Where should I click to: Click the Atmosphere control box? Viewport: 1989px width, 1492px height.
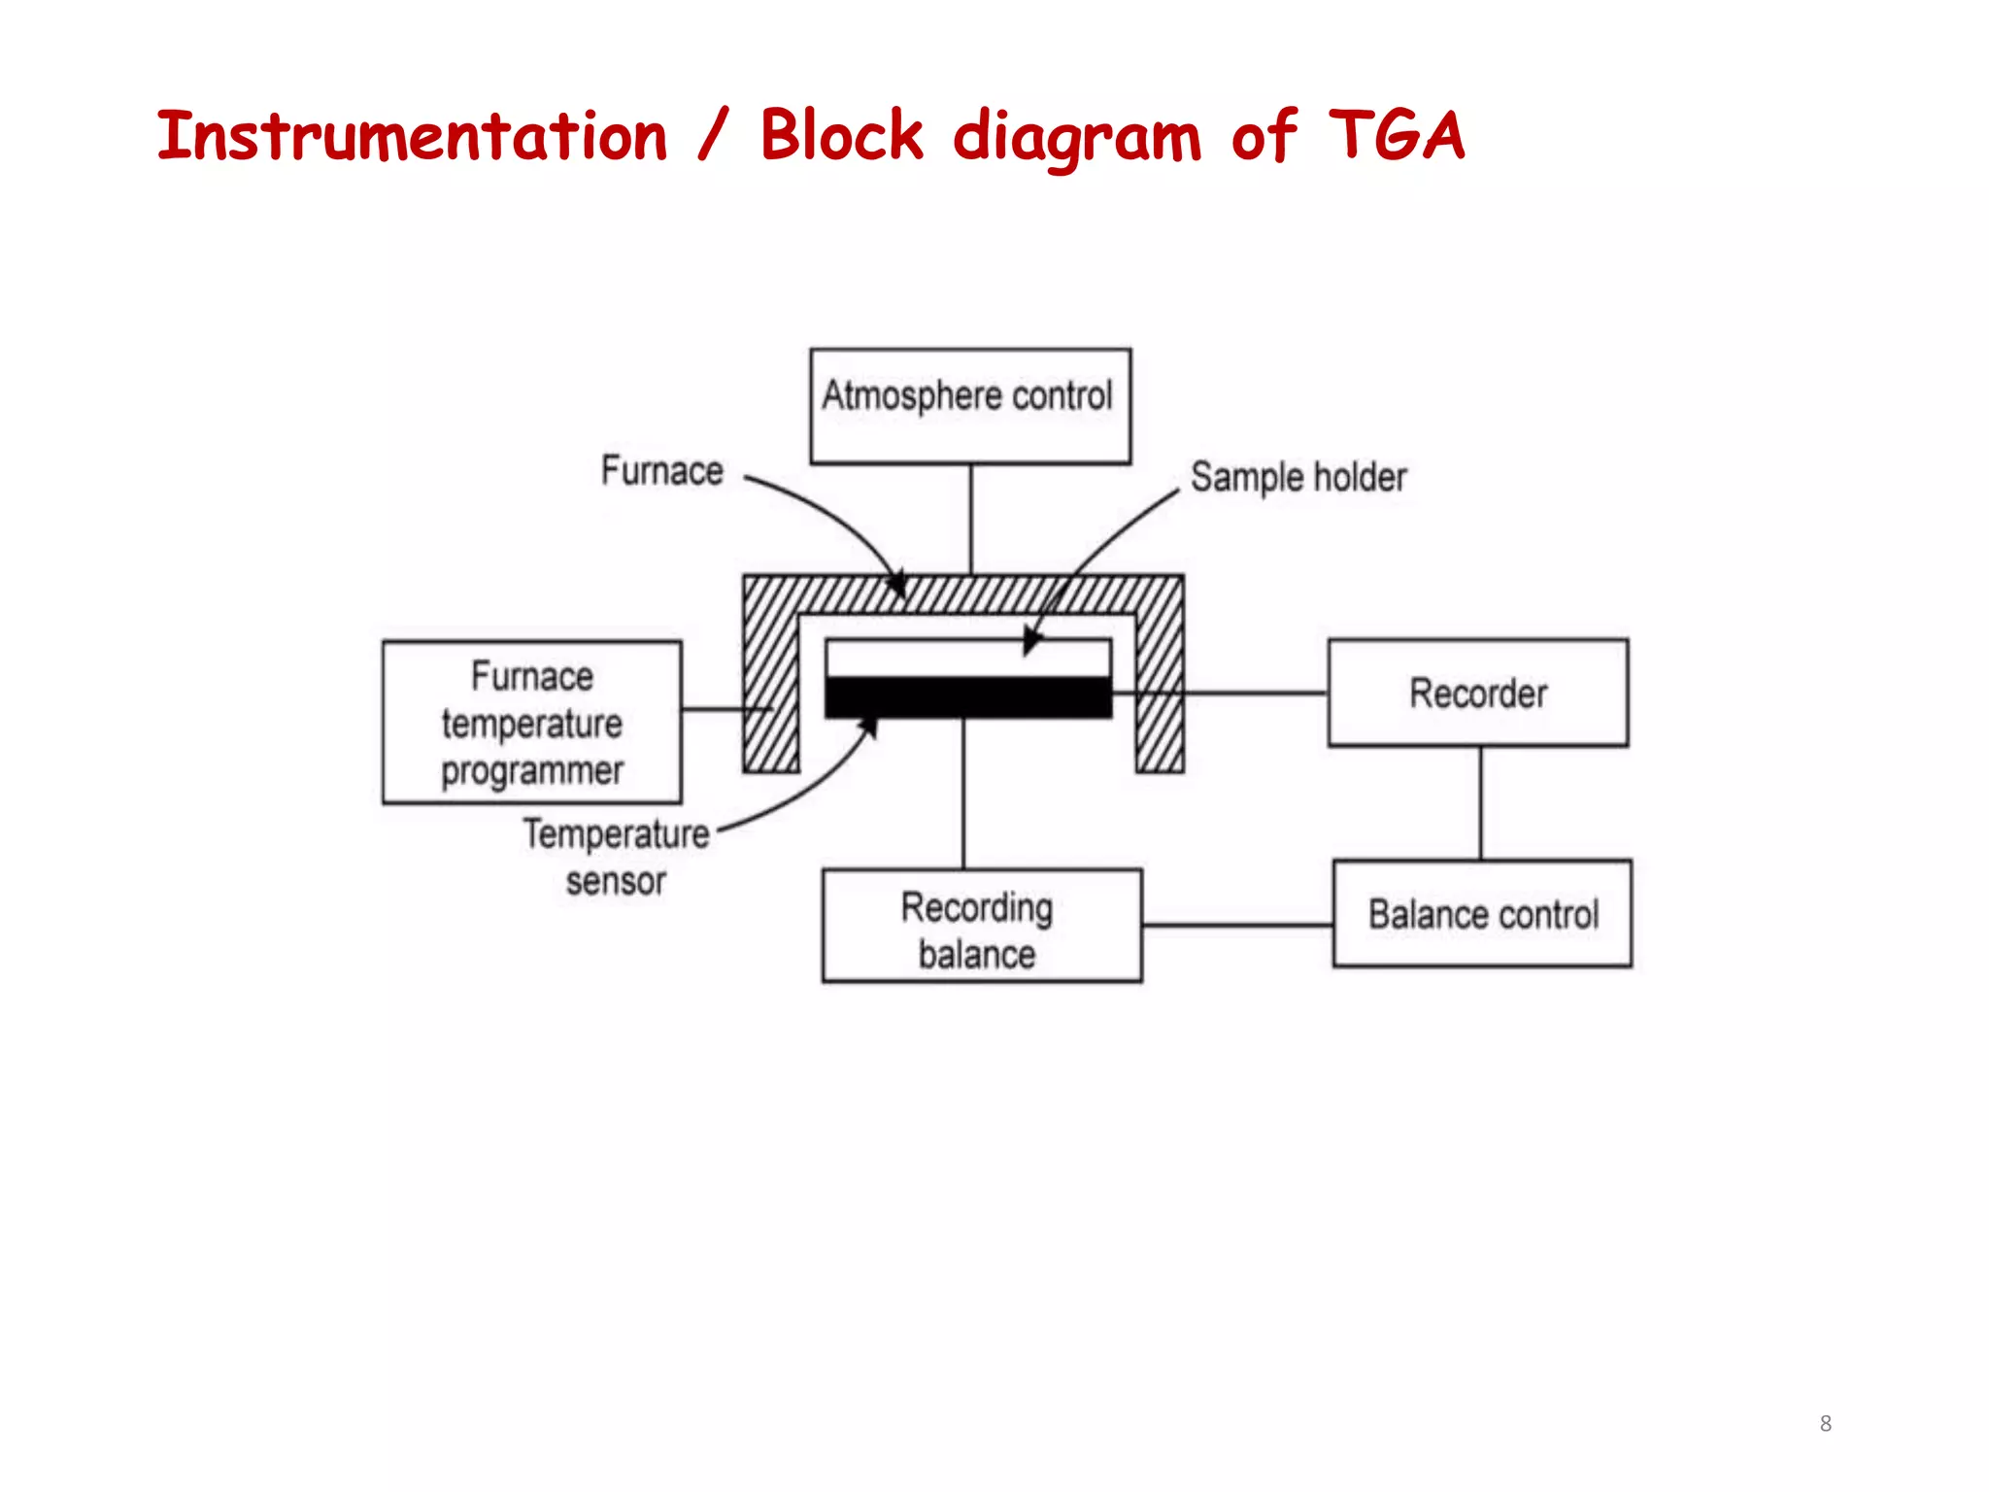click(970, 405)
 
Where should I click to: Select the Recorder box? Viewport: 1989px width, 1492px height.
click(1477, 693)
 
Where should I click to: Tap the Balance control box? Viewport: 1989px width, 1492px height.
click(1482, 913)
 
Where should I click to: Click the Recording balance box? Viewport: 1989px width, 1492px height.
click(981, 926)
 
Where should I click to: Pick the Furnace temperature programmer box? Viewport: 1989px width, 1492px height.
click(531, 722)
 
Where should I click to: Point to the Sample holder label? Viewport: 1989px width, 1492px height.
click(1298, 477)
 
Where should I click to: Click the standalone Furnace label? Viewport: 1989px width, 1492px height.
click(661, 470)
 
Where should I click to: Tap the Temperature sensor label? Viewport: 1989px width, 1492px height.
click(616, 857)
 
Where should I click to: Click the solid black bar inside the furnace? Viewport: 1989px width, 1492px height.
click(968, 697)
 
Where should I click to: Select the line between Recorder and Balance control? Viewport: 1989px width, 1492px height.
click(1480, 802)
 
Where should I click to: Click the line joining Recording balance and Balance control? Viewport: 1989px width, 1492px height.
click(1237, 926)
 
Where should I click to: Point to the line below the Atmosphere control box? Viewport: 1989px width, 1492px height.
click(971, 519)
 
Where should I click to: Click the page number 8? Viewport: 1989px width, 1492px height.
click(1825, 1423)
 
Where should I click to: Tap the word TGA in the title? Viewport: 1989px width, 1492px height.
click(1396, 135)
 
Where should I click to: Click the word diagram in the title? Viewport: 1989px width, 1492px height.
click(1076, 137)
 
